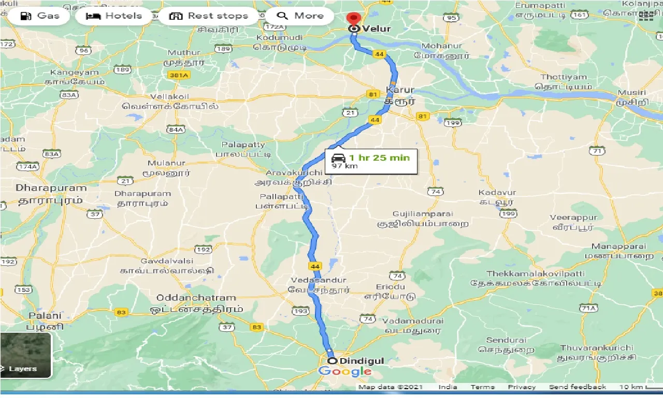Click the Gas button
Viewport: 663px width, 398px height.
pyautogui.click(x=39, y=16)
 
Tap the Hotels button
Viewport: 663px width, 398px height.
pyautogui.click(x=114, y=16)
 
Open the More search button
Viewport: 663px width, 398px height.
pyautogui.click(x=300, y=16)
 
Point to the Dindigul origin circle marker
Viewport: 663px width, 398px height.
pyautogui.click(x=332, y=361)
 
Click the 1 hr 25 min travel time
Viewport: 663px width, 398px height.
pyautogui.click(x=379, y=158)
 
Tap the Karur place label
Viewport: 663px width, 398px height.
pyautogui.click(x=400, y=90)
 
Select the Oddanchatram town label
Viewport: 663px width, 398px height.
pyautogui.click(x=196, y=297)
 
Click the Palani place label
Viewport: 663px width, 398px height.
pyautogui.click(x=45, y=315)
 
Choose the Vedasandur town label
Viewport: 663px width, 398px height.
pyautogui.click(x=318, y=280)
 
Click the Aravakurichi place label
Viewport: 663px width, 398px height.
pyautogui.click(x=294, y=173)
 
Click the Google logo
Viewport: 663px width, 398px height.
pyautogui.click(x=345, y=371)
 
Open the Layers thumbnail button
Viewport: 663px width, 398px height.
pyautogui.click(x=26, y=356)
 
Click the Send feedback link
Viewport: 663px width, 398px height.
pyautogui.click(x=577, y=387)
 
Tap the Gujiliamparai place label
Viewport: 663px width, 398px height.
pyautogui.click(x=423, y=214)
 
